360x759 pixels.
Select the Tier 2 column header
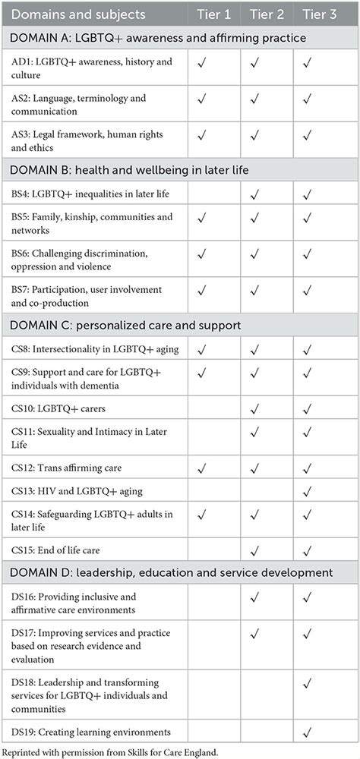[x=269, y=15]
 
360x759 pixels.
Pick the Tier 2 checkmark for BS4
[x=267, y=194]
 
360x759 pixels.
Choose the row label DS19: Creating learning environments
[x=96, y=733]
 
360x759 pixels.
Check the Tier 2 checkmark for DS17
[x=267, y=634]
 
